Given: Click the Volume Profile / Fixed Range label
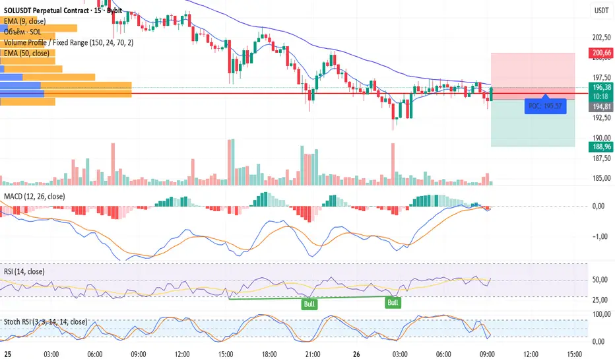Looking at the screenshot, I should pos(68,42).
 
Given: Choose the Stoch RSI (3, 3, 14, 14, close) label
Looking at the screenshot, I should pos(44,321).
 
